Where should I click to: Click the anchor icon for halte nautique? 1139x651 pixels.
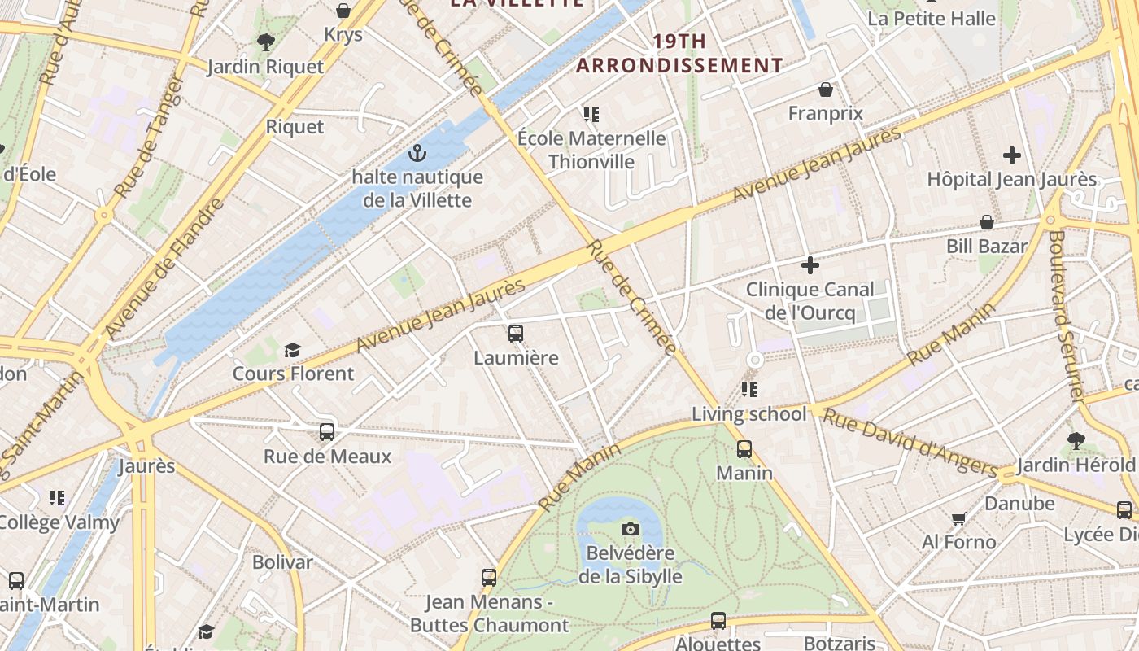[417, 153]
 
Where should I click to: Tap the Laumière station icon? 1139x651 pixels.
[516, 334]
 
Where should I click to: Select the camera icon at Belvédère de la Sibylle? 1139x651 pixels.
[630, 530]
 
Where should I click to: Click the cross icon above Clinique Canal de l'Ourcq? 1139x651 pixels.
[810, 265]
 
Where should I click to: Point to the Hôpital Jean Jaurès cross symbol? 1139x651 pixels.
[1012, 155]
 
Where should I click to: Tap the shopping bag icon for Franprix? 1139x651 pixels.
[826, 90]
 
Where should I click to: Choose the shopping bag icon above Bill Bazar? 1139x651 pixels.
[987, 222]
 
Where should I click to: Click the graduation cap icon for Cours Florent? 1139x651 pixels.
[292, 350]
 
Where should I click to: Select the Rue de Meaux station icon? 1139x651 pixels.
[327, 432]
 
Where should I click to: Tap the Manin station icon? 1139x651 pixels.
[744, 449]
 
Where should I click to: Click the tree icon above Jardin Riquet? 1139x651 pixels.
[265, 42]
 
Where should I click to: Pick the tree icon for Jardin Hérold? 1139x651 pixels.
[1076, 441]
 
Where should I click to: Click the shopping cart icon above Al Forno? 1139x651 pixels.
[958, 518]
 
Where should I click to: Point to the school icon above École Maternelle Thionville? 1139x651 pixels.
[591, 115]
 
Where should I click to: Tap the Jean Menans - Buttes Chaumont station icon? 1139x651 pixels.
[489, 578]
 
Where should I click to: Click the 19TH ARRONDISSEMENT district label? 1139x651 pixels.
[679, 54]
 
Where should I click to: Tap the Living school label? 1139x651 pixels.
[748, 414]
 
